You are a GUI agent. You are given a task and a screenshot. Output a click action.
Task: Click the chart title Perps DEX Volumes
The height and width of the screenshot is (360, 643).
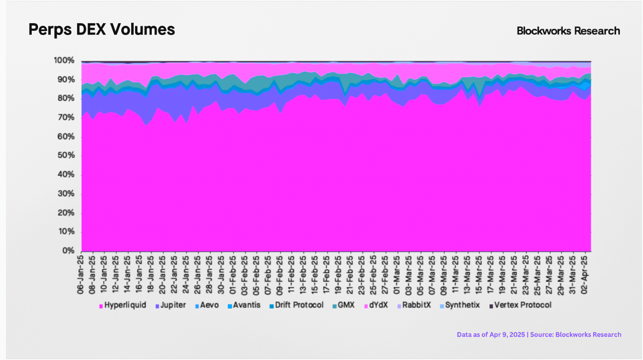tap(101, 30)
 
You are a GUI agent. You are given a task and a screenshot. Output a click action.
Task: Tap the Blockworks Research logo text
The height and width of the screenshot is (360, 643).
tap(568, 31)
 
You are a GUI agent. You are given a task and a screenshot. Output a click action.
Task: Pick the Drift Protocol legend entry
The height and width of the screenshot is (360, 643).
tap(299, 305)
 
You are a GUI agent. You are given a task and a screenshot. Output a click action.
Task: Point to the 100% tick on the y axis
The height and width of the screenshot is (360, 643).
tap(64, 61)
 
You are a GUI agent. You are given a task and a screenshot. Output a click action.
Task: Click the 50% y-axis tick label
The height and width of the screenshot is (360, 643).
tap(66, 156)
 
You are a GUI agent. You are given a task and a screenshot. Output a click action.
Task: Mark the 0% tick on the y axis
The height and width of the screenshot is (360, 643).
tap(68, 251)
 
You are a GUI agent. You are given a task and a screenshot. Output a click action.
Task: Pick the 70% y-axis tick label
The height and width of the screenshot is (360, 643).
tap(66, 118)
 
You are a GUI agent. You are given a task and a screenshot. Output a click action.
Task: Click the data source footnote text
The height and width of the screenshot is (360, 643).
tap(539, 335)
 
